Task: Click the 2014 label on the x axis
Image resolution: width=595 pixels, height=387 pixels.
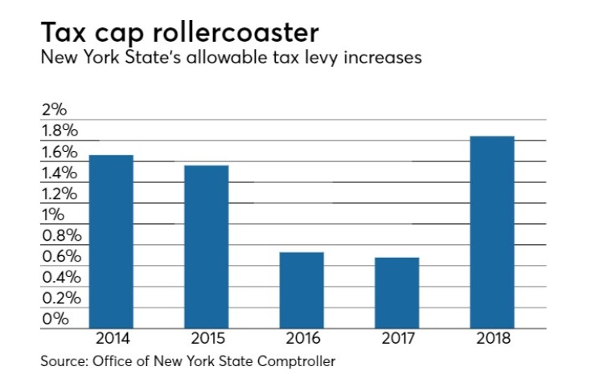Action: (x=111, y=337)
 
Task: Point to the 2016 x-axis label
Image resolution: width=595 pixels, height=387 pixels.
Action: (x=302, y=337)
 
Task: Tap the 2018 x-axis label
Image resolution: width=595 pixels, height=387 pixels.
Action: (x=492, y=337)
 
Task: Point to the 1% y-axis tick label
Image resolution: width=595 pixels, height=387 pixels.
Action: (x=53, y=215)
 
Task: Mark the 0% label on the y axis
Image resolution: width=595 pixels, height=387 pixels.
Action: (x=54, y=319)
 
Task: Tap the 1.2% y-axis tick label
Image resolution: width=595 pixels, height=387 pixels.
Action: (x=59, y=194)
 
